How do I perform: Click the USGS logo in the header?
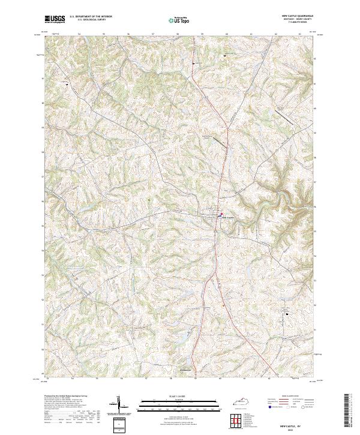[x=55, y=19]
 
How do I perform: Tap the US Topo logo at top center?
[x=179, y=20]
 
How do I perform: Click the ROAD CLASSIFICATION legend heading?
[x=288, y=397]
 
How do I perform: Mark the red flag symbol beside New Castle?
[x=221, y=214]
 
